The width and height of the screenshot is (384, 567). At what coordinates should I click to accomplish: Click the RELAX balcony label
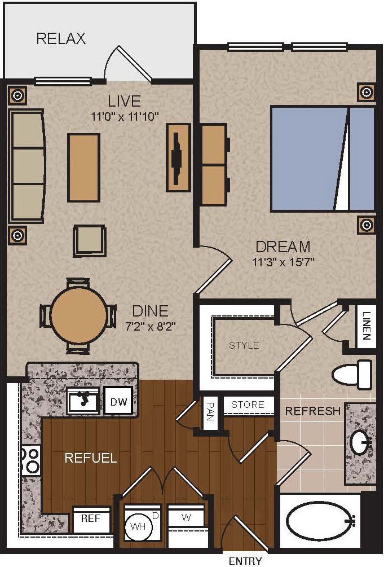pos(61,38)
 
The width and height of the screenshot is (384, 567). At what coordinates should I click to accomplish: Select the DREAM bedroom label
pos(283,247)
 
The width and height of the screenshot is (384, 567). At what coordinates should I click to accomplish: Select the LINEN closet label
pos(366,326)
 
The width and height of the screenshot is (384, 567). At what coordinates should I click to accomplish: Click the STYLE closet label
pos(244,345)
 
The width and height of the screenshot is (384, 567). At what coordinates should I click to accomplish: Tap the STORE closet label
pos(248,405)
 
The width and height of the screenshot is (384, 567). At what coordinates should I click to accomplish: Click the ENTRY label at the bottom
pos(245,561)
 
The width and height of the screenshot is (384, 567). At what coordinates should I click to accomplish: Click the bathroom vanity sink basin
pos(360,443)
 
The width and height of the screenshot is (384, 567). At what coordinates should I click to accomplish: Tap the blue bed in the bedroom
pos(322,159)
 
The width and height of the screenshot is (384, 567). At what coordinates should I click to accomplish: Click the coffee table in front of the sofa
pos(83,168)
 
